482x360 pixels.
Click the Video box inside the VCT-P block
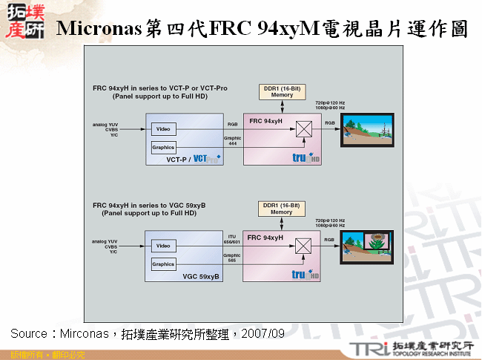[163, 129]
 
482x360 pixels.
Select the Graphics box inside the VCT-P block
[163, 147]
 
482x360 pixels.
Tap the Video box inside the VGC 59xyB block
[163, 246]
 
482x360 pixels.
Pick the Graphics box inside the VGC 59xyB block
[163, 264]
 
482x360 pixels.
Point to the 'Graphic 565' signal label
[233, 257]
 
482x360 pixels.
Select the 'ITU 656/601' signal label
[233, 238]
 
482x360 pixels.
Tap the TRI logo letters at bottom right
[369, 349]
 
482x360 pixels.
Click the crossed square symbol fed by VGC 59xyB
[303, 245]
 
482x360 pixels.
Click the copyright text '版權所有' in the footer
[22, 354]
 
